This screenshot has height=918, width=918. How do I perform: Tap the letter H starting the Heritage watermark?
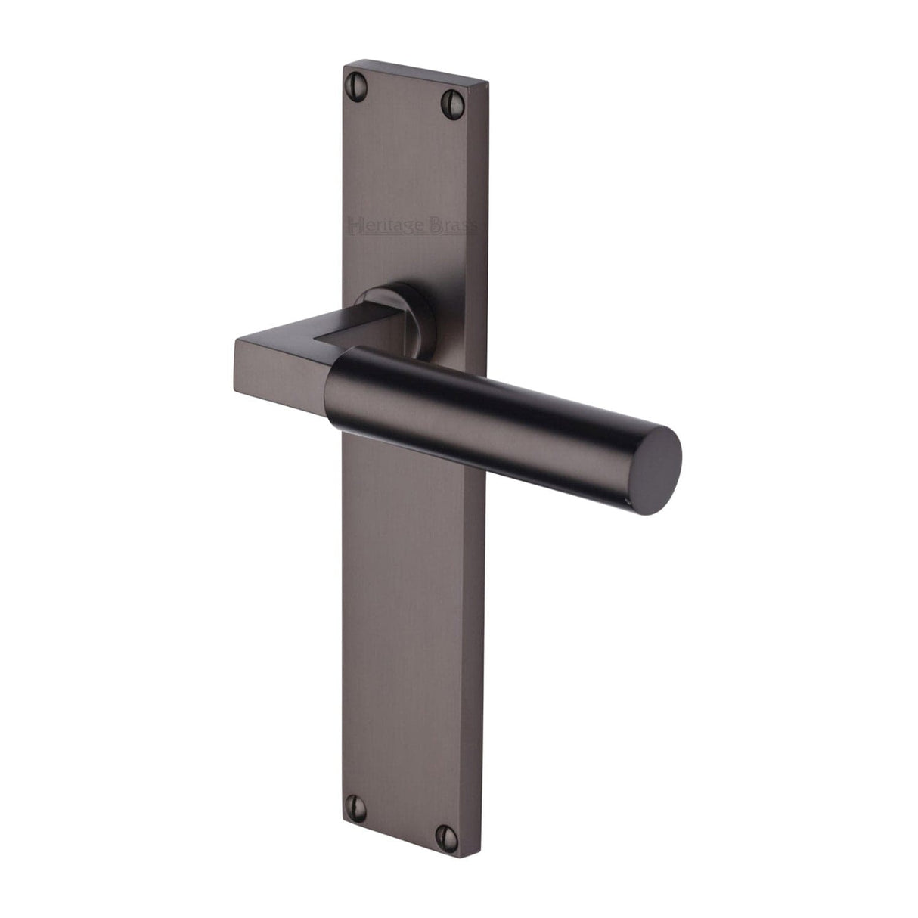[352, 224]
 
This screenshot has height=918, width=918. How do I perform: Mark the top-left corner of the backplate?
[345, 66]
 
